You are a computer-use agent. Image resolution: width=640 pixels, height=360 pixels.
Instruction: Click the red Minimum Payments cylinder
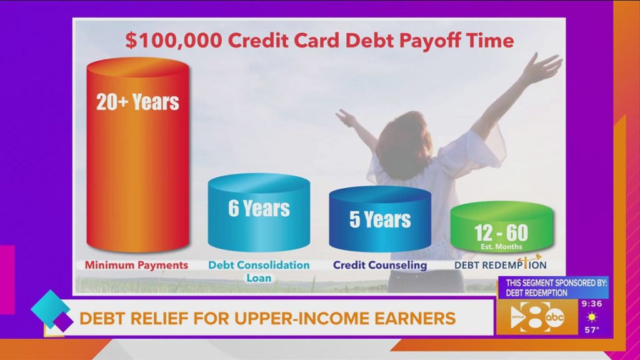tap(138, 155)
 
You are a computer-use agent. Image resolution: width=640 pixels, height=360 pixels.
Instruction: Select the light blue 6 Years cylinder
tap(259, 212)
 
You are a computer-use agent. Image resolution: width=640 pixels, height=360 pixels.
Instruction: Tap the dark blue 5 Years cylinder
tap(380, 219)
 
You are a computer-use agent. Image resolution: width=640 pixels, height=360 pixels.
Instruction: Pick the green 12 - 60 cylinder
tap(502, 227)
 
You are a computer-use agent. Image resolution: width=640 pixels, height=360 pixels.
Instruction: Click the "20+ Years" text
tap(137, 102)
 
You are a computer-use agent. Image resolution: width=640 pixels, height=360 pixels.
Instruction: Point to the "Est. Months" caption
tap(501, 246)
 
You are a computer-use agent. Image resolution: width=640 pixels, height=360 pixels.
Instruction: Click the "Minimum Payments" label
tap(136, 265)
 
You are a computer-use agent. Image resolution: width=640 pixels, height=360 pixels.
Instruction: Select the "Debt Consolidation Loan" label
tap(259, 271)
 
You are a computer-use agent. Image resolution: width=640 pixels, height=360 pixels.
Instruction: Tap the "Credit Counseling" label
tap(380, 265)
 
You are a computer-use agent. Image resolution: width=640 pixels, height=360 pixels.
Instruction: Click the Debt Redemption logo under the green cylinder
tap(501, 262)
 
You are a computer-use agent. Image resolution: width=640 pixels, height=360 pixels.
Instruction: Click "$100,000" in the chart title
tap(174, 41)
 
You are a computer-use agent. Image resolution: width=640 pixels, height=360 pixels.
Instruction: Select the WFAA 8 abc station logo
tap(537, 317)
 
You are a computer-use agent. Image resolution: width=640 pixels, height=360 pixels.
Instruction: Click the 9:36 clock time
tap(592, 304)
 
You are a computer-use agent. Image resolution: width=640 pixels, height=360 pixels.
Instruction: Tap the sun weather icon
tap(591, 317)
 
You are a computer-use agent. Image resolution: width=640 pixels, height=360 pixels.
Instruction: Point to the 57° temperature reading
tap(592, 329)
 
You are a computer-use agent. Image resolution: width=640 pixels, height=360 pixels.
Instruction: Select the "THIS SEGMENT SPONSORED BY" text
tap(556, 282)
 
